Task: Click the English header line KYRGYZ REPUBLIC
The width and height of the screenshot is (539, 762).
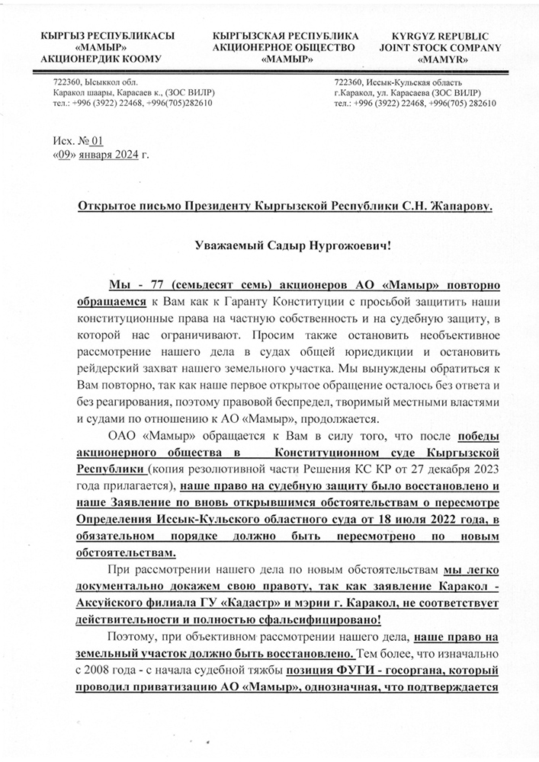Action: (x=446, y=37)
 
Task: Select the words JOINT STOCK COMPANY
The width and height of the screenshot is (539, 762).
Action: (x=446, y=48)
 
